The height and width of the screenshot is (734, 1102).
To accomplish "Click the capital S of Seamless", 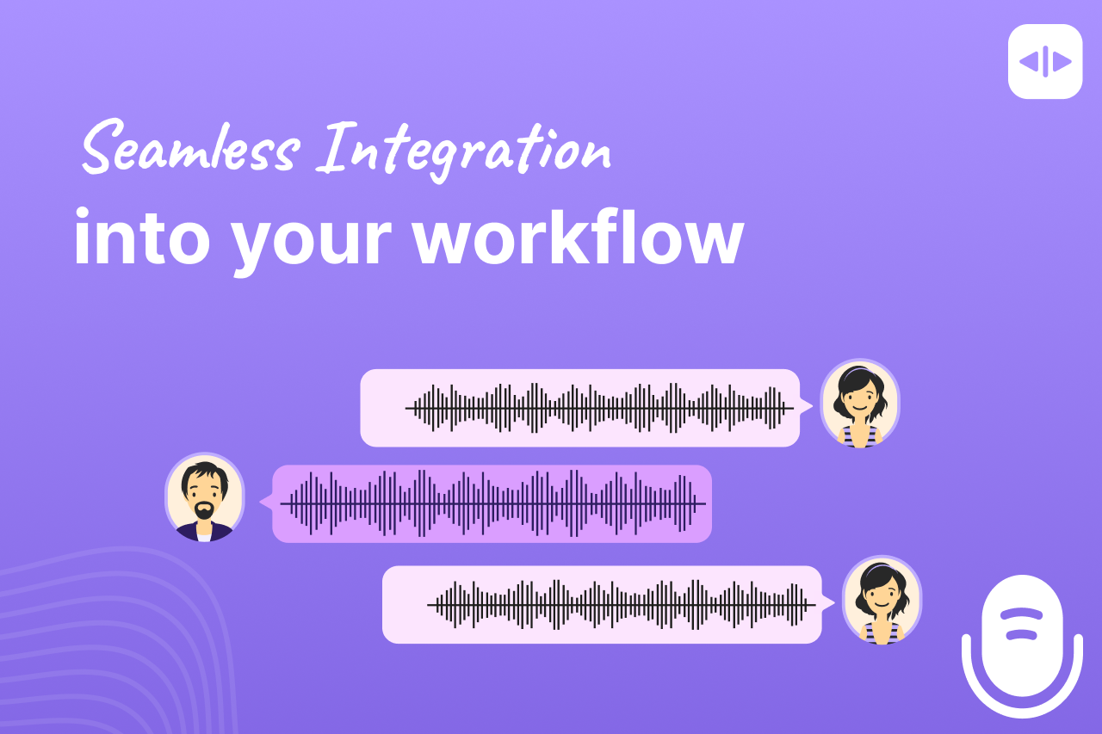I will [x=102, y=148].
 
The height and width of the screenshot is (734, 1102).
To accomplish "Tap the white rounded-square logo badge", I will [x=1045, y=62].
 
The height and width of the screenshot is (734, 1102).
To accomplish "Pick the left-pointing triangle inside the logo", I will [x=1029, y=62].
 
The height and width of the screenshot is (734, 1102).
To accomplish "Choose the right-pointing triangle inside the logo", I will [x=1062, y=62].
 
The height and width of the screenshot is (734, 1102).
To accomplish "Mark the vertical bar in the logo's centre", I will [x=1045, y=62].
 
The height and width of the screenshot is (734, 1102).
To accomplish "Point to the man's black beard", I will [x=204, y=512].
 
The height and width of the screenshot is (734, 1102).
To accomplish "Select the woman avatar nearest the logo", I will [x=859, y=403].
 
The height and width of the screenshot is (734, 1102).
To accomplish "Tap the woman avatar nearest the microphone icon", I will [x=882, y=600].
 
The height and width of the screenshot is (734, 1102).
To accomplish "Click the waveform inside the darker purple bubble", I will [x=493, y=503].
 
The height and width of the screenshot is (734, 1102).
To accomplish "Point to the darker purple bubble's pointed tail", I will [x=266, y=503].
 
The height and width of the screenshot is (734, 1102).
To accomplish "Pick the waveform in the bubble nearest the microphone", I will [x=622, y=605].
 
